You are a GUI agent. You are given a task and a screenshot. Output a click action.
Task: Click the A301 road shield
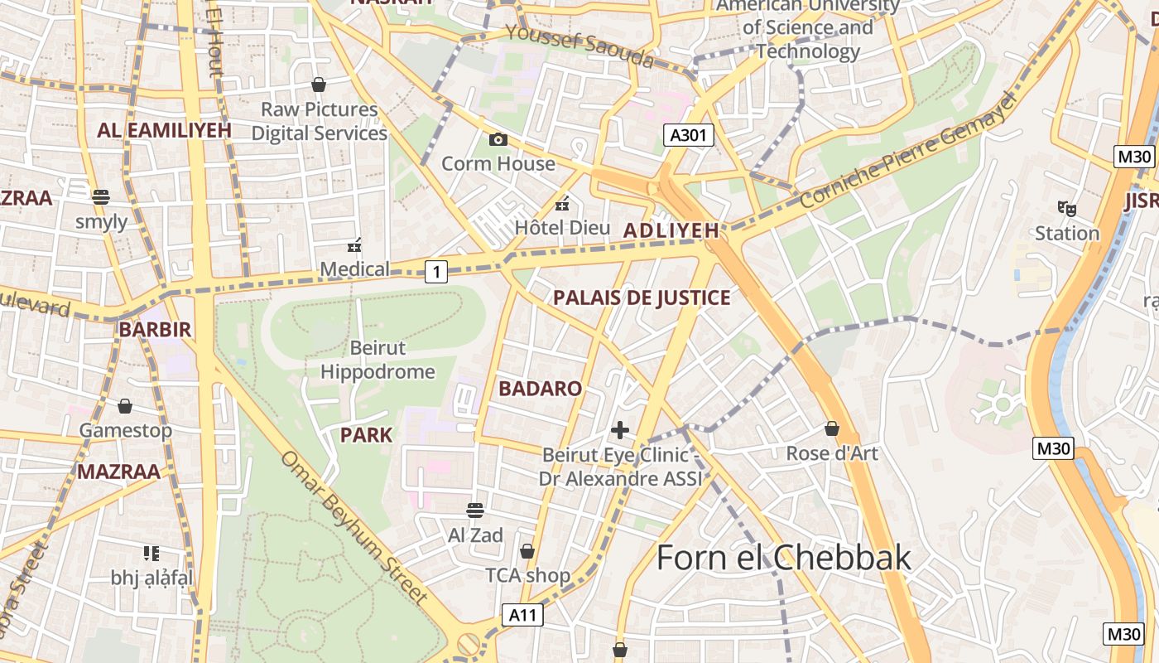(x=688, y=135)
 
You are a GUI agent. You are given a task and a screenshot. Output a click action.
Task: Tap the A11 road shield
(x=522, y=614)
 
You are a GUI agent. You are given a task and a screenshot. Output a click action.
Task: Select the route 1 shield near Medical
(x=436, y=270)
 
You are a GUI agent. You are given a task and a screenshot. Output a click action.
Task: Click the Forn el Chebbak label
(x=783, y=558)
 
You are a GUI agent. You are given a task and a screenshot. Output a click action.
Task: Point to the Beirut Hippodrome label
(x=378, y=360)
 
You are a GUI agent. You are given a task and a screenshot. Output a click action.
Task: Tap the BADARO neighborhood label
(x=540, y=389)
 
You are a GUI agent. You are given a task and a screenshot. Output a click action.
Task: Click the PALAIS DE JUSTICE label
(x=642, y=298)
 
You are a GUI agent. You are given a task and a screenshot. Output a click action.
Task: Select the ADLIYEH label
(x=671, y=231)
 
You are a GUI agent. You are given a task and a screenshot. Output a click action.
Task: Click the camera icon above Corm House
(x=498, y=139)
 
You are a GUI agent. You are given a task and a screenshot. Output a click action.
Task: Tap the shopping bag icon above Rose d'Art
(x=832, y=428)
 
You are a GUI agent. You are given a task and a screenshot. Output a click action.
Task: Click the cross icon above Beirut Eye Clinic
(x=619, y=430)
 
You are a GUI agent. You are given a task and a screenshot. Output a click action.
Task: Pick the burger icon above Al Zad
(x=475, y=510)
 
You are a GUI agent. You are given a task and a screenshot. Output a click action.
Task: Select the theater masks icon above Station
(x=1066, y=208)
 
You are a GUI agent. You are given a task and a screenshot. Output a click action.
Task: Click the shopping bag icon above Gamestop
(x=125, y=406)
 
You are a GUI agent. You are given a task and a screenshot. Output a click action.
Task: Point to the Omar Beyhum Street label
(x=355, y=527)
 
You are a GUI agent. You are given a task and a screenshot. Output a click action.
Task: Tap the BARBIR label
(x=155, y=329)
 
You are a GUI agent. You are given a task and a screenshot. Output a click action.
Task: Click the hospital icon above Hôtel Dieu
(x=562, y=203)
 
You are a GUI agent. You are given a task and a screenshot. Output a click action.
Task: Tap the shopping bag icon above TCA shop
(x=527, y=551)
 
